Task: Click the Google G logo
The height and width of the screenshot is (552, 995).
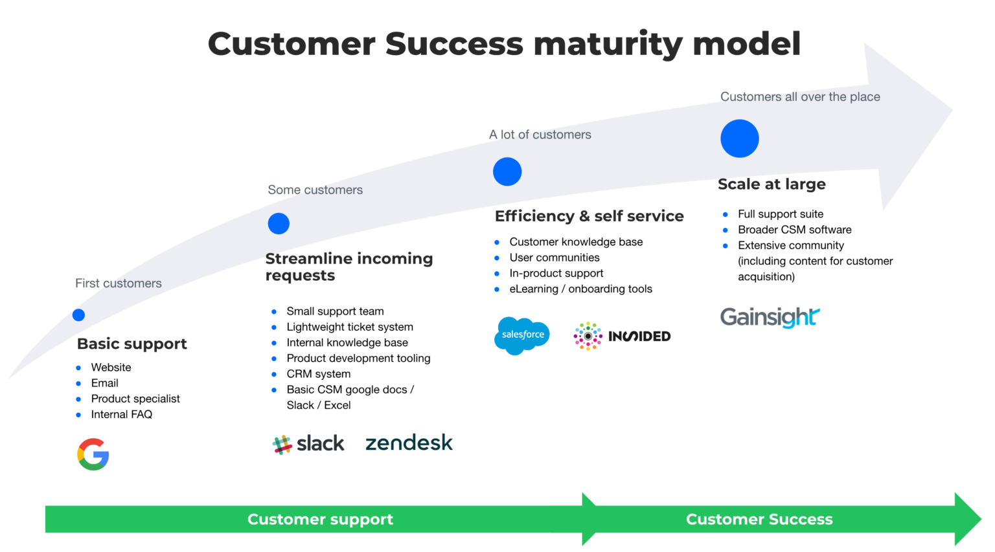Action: click(x=93, y=454)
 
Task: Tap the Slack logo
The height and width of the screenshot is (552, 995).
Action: click(x=308, y=444)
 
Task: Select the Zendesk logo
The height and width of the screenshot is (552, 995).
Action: click(x=409, y=443)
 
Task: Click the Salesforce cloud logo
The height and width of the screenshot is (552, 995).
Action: click(x=522, y=335)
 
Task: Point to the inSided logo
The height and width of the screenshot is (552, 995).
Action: click(x=622, y=336)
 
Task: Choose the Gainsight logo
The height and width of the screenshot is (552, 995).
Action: click(x=770, y=317)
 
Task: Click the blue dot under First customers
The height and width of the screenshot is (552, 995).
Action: click(x=78, y=315)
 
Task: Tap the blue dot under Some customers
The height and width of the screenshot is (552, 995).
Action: click(x=279, y=224)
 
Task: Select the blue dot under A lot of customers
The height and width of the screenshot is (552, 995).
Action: click(x=507, y=171)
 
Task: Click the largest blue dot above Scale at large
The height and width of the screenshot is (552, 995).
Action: click(x=739, y=138)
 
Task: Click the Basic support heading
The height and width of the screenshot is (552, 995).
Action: click(x=132, y=344)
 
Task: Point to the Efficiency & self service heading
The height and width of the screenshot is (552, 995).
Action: click(x=589, y=216)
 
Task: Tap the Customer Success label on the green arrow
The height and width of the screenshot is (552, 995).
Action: click(x=759, y=519)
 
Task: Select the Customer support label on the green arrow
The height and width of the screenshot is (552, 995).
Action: click(x=320, y=519)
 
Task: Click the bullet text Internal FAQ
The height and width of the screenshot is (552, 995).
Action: click(x=122, y=414)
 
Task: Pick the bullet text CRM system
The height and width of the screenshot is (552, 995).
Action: click(x=318, y=374)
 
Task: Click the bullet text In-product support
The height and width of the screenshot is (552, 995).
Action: click(x=556, y=273)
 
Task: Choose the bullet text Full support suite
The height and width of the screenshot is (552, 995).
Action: click(x=781, y=214)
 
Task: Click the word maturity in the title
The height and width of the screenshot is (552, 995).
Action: click(x=608, y=44)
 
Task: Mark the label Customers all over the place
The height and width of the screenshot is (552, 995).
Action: click(x=800, y=97)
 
